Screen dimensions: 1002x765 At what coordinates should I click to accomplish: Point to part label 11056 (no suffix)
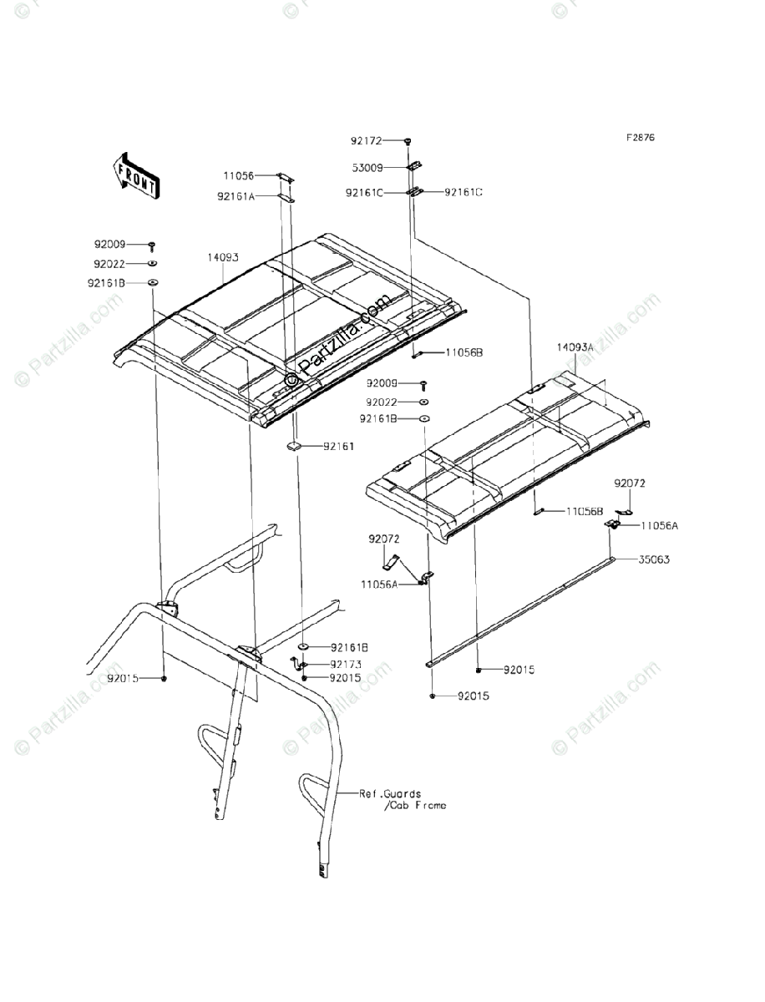click(239, 176)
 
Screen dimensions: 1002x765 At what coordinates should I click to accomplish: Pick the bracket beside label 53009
click(413, 168)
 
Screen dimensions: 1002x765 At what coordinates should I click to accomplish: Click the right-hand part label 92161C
click(464, 193)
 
